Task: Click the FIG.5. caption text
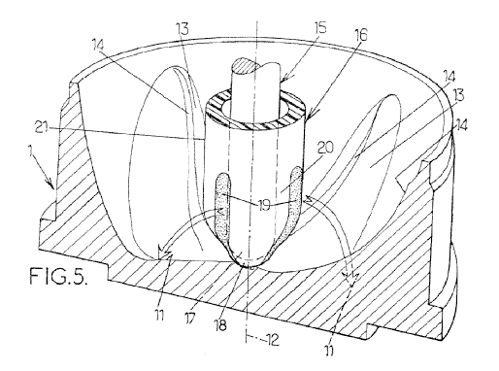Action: tap(58, 276)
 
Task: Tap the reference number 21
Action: tap(42, 129)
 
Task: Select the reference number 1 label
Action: tap(31, 152)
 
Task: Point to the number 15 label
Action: tap(318, 28)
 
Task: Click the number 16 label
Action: tap(360, 35)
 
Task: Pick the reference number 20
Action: tap(325, 149)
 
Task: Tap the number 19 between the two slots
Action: tap(264, 205)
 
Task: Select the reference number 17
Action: tap(190, 318)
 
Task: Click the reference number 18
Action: tap(220, 325)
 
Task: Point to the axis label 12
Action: tap(271, 340)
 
